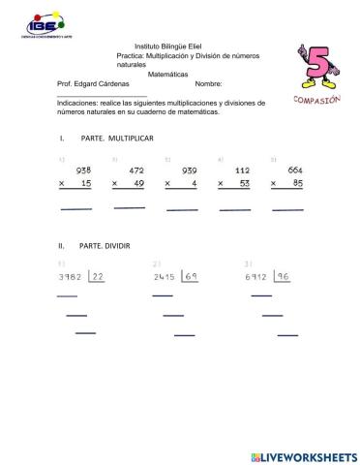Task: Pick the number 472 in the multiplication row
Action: tap(135, 170)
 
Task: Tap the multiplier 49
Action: tap(137, 183)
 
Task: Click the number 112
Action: tap(242, 170)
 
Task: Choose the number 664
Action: tap(295, 170)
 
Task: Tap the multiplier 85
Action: tap(296, 183)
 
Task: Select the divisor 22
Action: tap(97, 278)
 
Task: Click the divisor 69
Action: tap(192, 278)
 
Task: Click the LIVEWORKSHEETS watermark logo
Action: tap(303, 454)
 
